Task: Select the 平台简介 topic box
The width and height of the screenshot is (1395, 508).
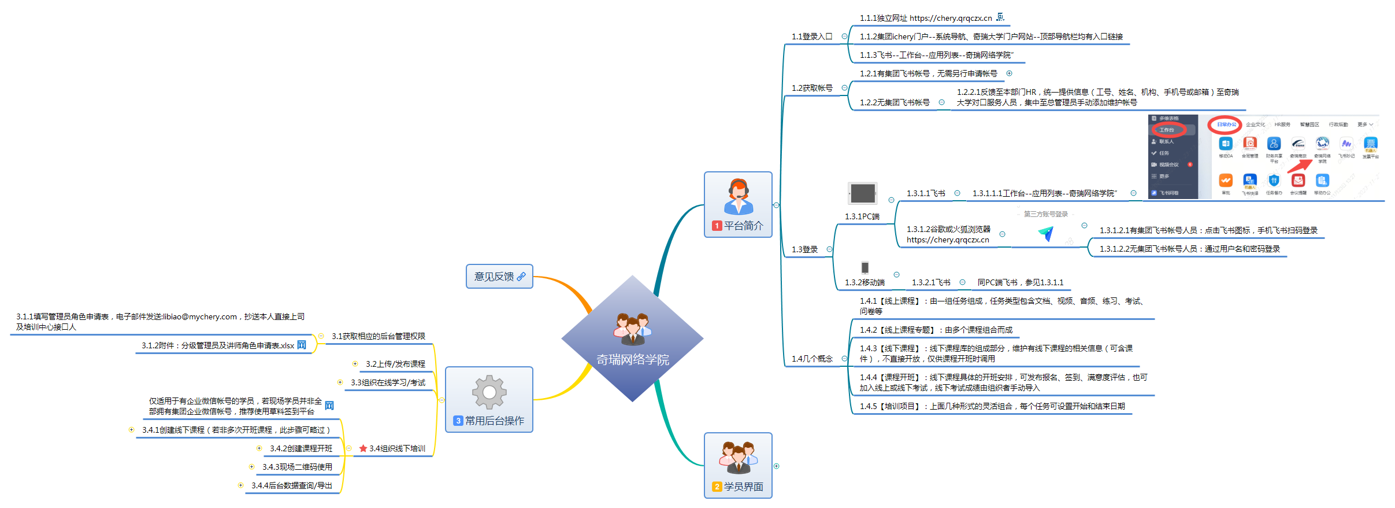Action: (738, 204)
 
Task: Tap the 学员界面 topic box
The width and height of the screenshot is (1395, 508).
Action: (738, 465)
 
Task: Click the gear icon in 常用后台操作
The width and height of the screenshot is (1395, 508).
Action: (489, 392)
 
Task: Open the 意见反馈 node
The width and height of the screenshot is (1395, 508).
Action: (494, 277)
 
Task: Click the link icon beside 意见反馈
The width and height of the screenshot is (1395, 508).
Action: (521, 277)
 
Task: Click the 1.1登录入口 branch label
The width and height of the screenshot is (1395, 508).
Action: (811, 36)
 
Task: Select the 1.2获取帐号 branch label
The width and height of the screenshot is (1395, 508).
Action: (811, 88)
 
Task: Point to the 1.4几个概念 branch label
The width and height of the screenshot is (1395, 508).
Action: (811, 359)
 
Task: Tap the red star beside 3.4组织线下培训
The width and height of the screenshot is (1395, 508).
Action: (363, 448)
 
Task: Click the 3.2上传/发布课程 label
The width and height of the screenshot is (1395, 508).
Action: (395, 364)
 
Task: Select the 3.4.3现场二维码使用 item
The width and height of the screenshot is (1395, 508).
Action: (297, 467)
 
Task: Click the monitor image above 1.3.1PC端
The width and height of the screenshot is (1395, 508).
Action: (863, 193)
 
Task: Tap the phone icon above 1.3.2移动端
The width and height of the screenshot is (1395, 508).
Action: (865, 267)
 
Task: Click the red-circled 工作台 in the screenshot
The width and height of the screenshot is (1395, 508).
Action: (1167, 130)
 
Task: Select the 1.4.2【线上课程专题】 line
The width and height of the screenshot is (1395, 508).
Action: (936, 330)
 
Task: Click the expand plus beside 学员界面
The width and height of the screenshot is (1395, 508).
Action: (777, 466)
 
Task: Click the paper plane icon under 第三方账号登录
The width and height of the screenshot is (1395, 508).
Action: (1047, 233)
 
